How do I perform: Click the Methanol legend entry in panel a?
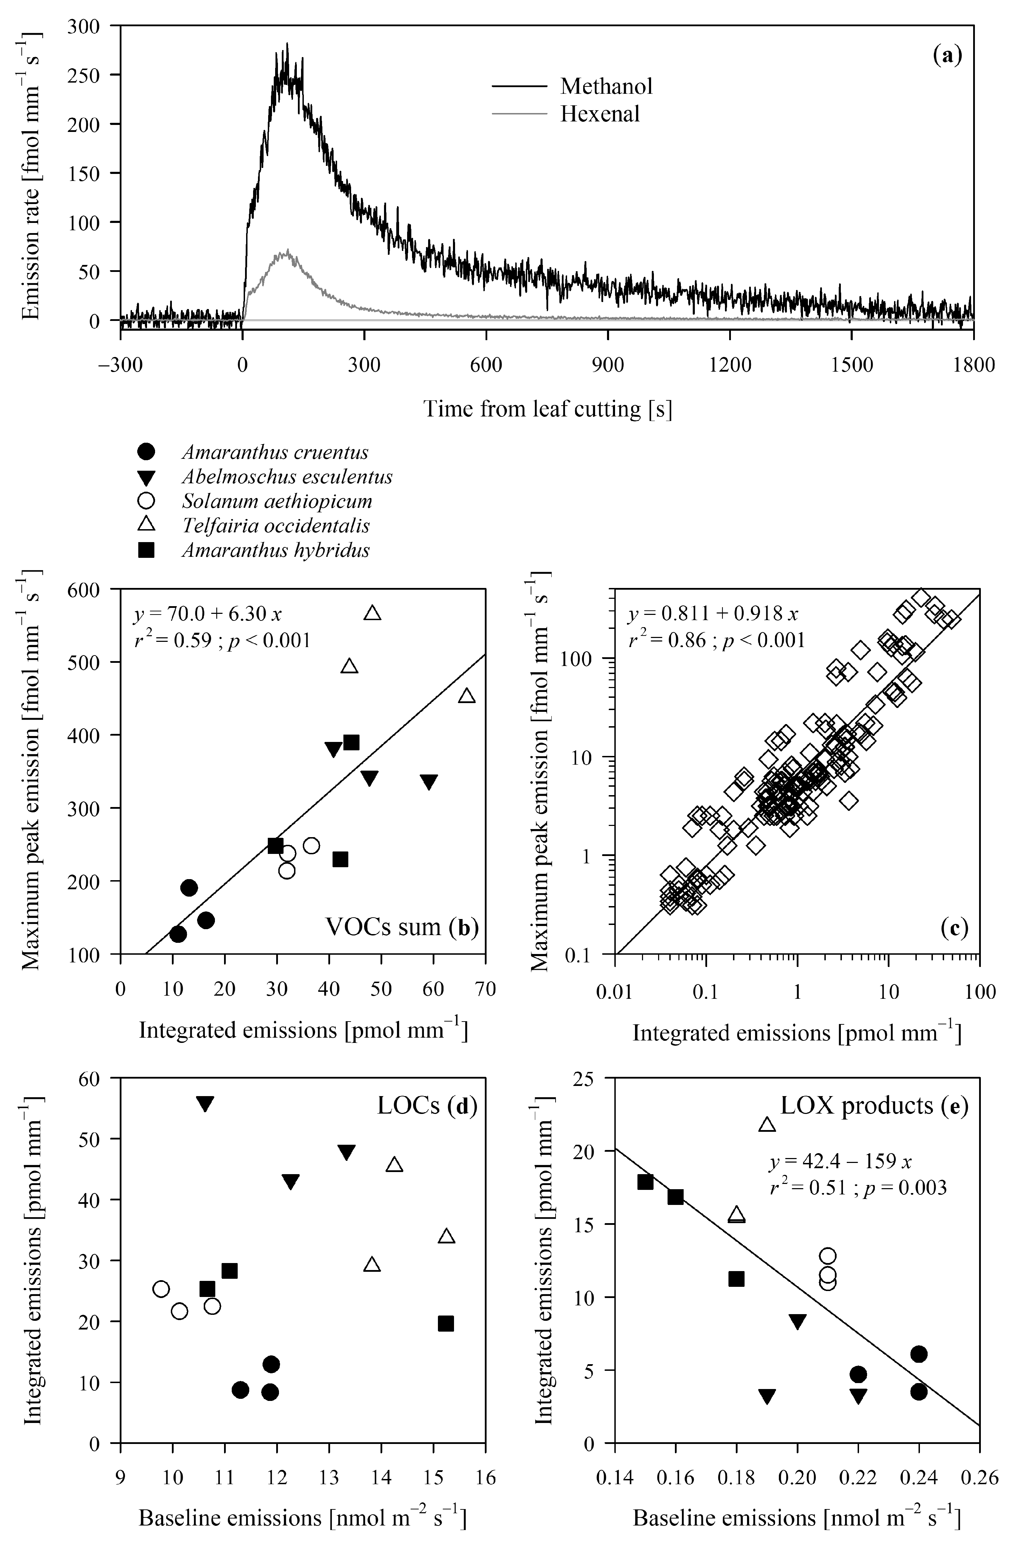pyautogui.click(x=606, y=86)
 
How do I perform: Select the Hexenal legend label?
pyautogui.click(x=600, y=114)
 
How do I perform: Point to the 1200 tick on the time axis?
pyautogui.click(x=730, y=365)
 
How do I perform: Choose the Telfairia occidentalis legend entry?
pyautogui.click(x=275, y=526)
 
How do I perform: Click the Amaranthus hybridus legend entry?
pyautogui.click(x=275, y=550)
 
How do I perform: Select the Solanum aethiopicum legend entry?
pyautogui.click(x=277, y=501)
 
